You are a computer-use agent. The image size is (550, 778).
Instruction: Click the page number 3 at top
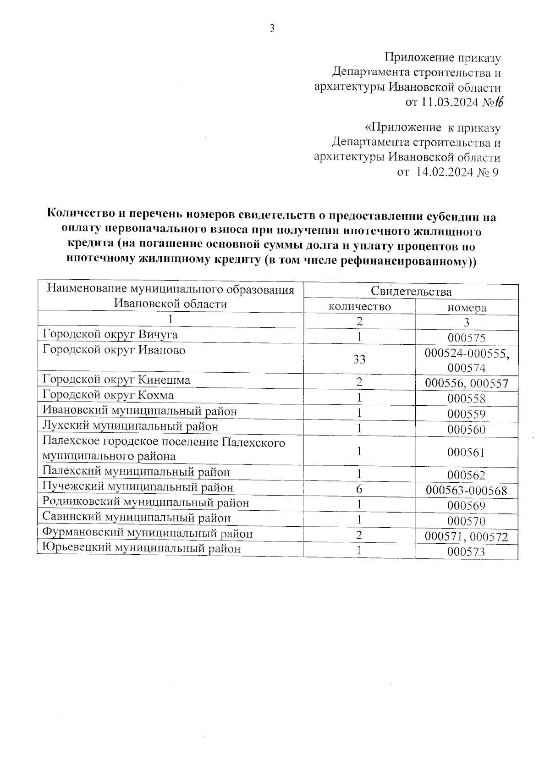tap(272, 28)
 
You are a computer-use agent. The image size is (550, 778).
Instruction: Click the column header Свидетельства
tap(411, 292)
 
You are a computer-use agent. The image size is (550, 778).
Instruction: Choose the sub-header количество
tap(359, 306)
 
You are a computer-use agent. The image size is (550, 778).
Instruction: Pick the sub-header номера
tap(466, 308)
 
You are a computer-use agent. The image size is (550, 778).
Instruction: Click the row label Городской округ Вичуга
tap(110, 334)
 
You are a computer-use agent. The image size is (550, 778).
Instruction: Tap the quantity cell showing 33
tap(359, 359)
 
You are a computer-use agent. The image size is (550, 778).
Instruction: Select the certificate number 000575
tap(466, 338)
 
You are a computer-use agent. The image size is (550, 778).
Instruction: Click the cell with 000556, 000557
tap(466, 383)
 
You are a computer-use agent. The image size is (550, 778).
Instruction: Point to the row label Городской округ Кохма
tap(108, 395)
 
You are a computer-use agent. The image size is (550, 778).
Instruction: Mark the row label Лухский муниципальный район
tap(130, 426)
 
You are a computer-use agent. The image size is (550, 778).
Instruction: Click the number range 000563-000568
tap(466, 491)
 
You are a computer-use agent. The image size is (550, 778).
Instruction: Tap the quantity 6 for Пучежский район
tap(359, 489)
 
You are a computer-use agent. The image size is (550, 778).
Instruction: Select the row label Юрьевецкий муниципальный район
tap(141, 549)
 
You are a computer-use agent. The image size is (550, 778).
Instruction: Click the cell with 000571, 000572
tap(466, 536)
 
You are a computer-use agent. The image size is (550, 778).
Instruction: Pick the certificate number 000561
tap(466, 452)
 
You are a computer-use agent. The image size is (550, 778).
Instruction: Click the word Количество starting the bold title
tap(82, 215)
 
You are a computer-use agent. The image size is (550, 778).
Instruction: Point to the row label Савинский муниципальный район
tap(136, 518)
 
